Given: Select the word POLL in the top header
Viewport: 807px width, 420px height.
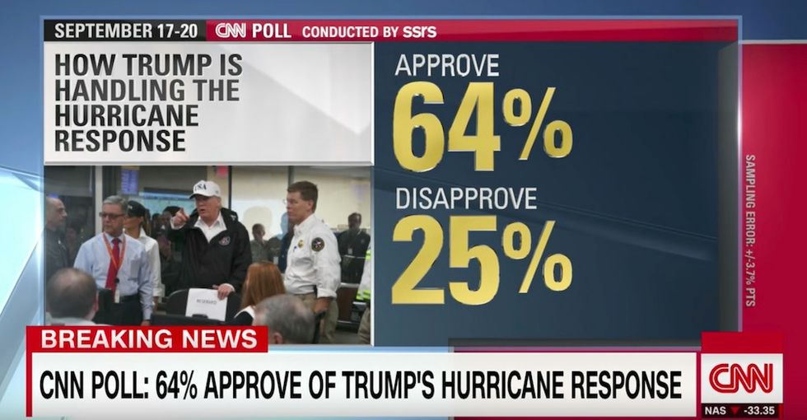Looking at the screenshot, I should pyautogui.click(x=271, y=31).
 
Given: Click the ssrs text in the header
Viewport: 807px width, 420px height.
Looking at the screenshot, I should pyautogui.click(x=420, y=31).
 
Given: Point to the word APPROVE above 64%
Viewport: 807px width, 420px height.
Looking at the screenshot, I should pyautogui.click(x=446, y=65).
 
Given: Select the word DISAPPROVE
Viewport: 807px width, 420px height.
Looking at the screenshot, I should pyautogui.click(x=465, y=198).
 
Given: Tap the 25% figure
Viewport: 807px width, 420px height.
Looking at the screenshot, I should pyautogui.click(x=482, y=259).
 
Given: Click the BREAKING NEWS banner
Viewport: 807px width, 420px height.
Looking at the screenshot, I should pyautogui.click(x=148, y=339).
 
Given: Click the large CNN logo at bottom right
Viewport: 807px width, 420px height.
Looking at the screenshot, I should pyautogui.click(x=741, y=378).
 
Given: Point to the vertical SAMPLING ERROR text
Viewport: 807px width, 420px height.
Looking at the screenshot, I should pyautogui.click(x=749, y=231).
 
